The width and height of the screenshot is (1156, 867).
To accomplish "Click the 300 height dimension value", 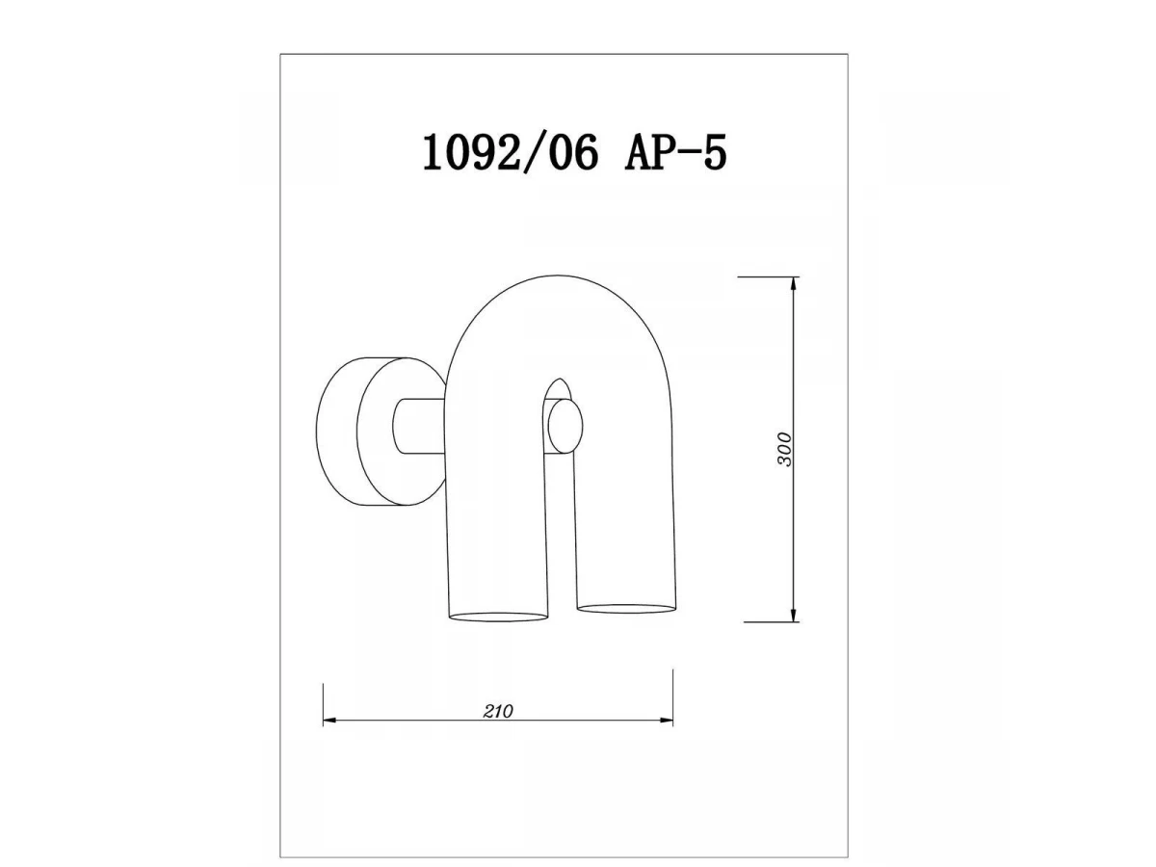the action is [x=784, y=449].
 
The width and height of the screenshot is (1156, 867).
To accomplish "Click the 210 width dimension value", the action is [x=498, y=712].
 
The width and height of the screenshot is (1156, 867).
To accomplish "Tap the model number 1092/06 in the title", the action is [x=511, y=151].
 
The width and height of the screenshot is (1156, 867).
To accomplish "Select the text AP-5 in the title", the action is [x=675, y=151].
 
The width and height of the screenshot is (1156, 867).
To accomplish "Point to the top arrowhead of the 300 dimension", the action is [x=794, y=284].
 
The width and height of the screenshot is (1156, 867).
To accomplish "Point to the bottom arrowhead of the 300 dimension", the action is [x=794, y=615].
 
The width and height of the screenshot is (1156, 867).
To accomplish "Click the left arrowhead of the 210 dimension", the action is [x=330, y=721].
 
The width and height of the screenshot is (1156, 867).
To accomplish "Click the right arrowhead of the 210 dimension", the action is [x=666, y=721].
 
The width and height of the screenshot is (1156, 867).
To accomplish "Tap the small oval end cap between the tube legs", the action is [x=565, y=426].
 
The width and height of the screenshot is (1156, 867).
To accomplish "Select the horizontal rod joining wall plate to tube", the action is [x=419, y=426].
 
